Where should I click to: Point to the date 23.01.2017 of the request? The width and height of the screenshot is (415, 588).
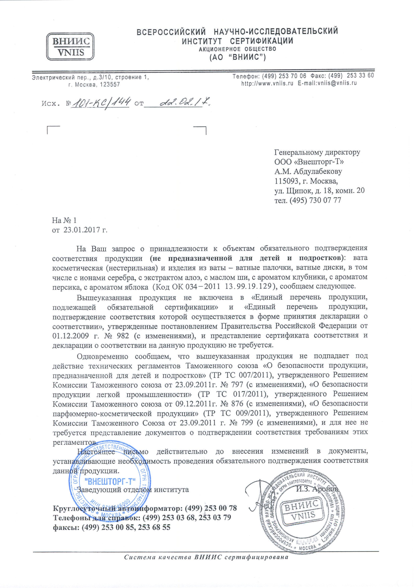[80, 230]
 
